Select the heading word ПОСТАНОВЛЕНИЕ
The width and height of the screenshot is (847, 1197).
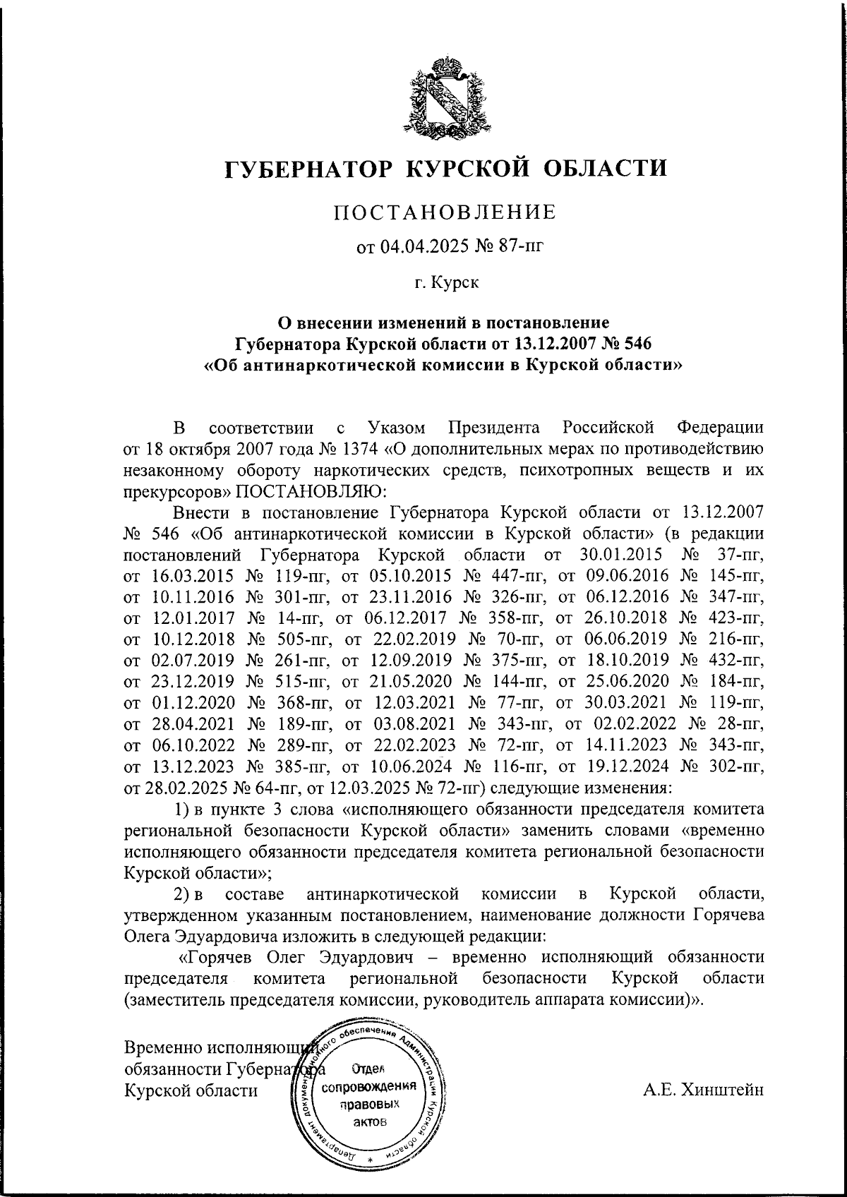point(445,211)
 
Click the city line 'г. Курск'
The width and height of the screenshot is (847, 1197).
point(446,284)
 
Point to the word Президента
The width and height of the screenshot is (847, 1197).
point(494,428)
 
